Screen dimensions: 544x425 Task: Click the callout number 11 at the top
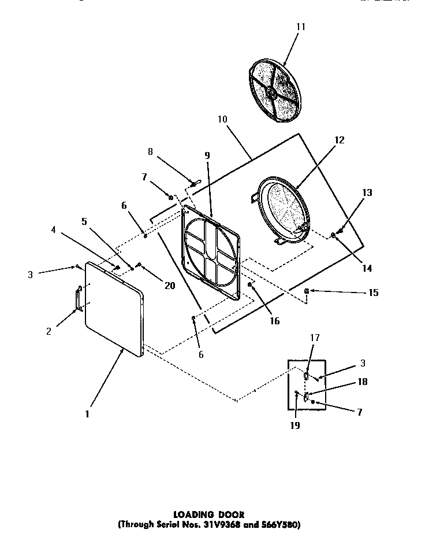tap(300, 27)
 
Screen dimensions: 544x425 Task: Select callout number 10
tap(223, 119)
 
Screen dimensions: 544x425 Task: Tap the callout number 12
tap(339, 140)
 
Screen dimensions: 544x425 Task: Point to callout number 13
tap(367, 193)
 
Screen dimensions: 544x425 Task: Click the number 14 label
tap(367, 268)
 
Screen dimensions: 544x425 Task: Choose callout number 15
tap(373, 293)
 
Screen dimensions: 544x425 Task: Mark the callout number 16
tap(274, 321)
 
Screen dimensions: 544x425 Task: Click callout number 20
tap(169, 285)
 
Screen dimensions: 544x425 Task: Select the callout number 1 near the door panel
tap(87, 414)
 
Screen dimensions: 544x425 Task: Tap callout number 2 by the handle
tap(49, 331)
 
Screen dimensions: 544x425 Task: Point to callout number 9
tap(207, 156)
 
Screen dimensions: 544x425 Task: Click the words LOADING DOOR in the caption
tap(209, 513)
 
